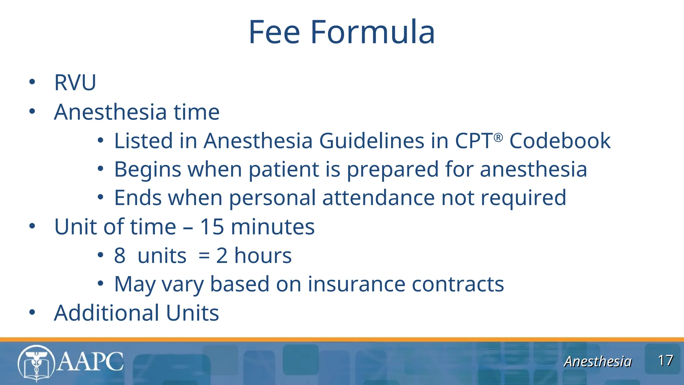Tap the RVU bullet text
75,82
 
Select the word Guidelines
371,141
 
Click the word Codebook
560,141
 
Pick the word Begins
148,169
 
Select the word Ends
138,198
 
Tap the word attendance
378,198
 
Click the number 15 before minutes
212,227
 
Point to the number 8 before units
120,256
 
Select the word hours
263,256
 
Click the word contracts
458,284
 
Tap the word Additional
107,313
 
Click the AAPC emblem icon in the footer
36,363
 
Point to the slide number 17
665,361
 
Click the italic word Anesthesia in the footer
598,362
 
